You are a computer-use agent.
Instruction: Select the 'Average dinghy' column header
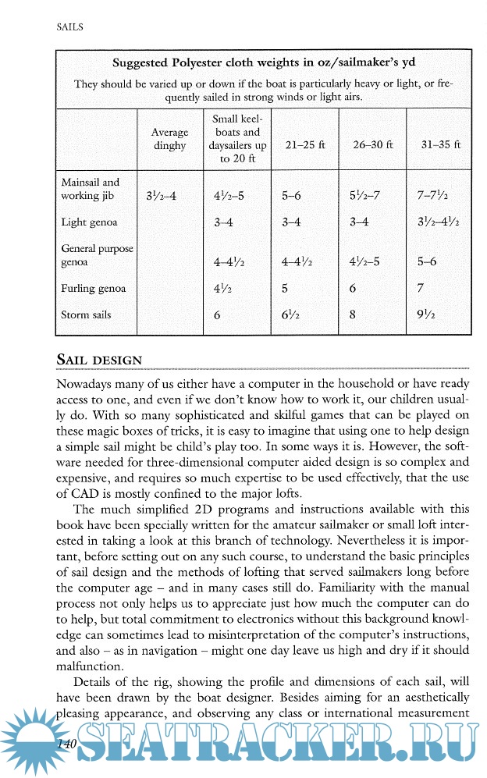click(169, 139)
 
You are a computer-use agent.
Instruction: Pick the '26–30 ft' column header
click(372, 144)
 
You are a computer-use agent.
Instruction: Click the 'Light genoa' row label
click(89, 222)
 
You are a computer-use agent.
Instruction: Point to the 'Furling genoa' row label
click(94, 289)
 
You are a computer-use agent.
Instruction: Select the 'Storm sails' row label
click(86, 315)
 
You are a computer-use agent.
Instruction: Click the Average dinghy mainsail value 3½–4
click(162, 196)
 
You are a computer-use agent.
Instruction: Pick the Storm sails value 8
click(354, 316)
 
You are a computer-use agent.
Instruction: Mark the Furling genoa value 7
click(421, 289)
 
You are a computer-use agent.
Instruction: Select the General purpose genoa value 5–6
click(427, 262)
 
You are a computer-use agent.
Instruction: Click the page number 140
click(61, 745)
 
